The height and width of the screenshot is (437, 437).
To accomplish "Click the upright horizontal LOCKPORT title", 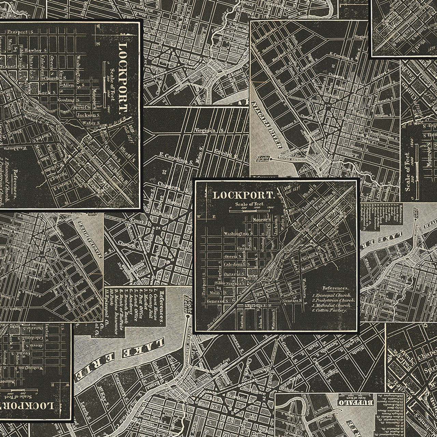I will (x=243, y=195).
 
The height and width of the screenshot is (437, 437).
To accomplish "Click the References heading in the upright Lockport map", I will (x=335, y=288).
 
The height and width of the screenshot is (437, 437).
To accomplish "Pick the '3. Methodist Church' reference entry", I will (x=333, y=305).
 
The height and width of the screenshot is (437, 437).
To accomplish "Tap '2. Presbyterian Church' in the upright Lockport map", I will (x=333, y=300).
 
